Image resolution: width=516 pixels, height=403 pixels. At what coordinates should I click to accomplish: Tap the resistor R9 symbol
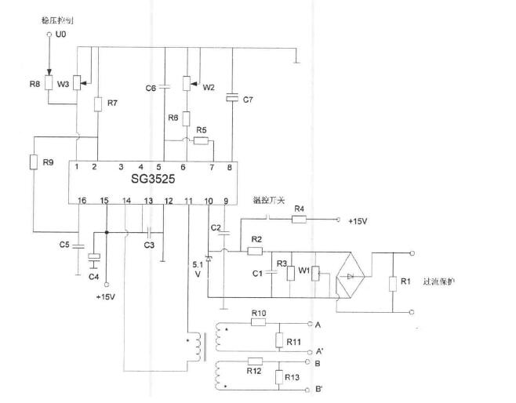tap(33, 162)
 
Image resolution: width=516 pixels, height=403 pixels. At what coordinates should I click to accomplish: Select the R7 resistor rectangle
tap(98, 104)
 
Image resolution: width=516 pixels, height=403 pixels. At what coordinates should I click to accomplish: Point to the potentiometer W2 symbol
tap(187, 83)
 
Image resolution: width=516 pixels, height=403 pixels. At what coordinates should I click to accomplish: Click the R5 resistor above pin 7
tap(202, 141)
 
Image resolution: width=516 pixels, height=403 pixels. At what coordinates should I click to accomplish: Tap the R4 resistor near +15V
tap(299, 220)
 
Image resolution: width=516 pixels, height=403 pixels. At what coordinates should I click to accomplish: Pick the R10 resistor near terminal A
tap(260, 321)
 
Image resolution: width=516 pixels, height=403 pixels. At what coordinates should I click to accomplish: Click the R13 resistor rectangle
tap(278, 377)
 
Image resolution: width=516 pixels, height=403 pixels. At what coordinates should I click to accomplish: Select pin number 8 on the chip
tap(229, 166)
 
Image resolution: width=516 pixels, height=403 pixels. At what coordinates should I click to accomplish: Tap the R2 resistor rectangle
tap(256, 252)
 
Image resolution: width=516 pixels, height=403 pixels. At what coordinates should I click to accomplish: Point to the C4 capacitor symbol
tap(94, 258)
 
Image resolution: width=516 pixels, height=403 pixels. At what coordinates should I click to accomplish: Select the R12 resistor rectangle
tap(254, 361)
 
